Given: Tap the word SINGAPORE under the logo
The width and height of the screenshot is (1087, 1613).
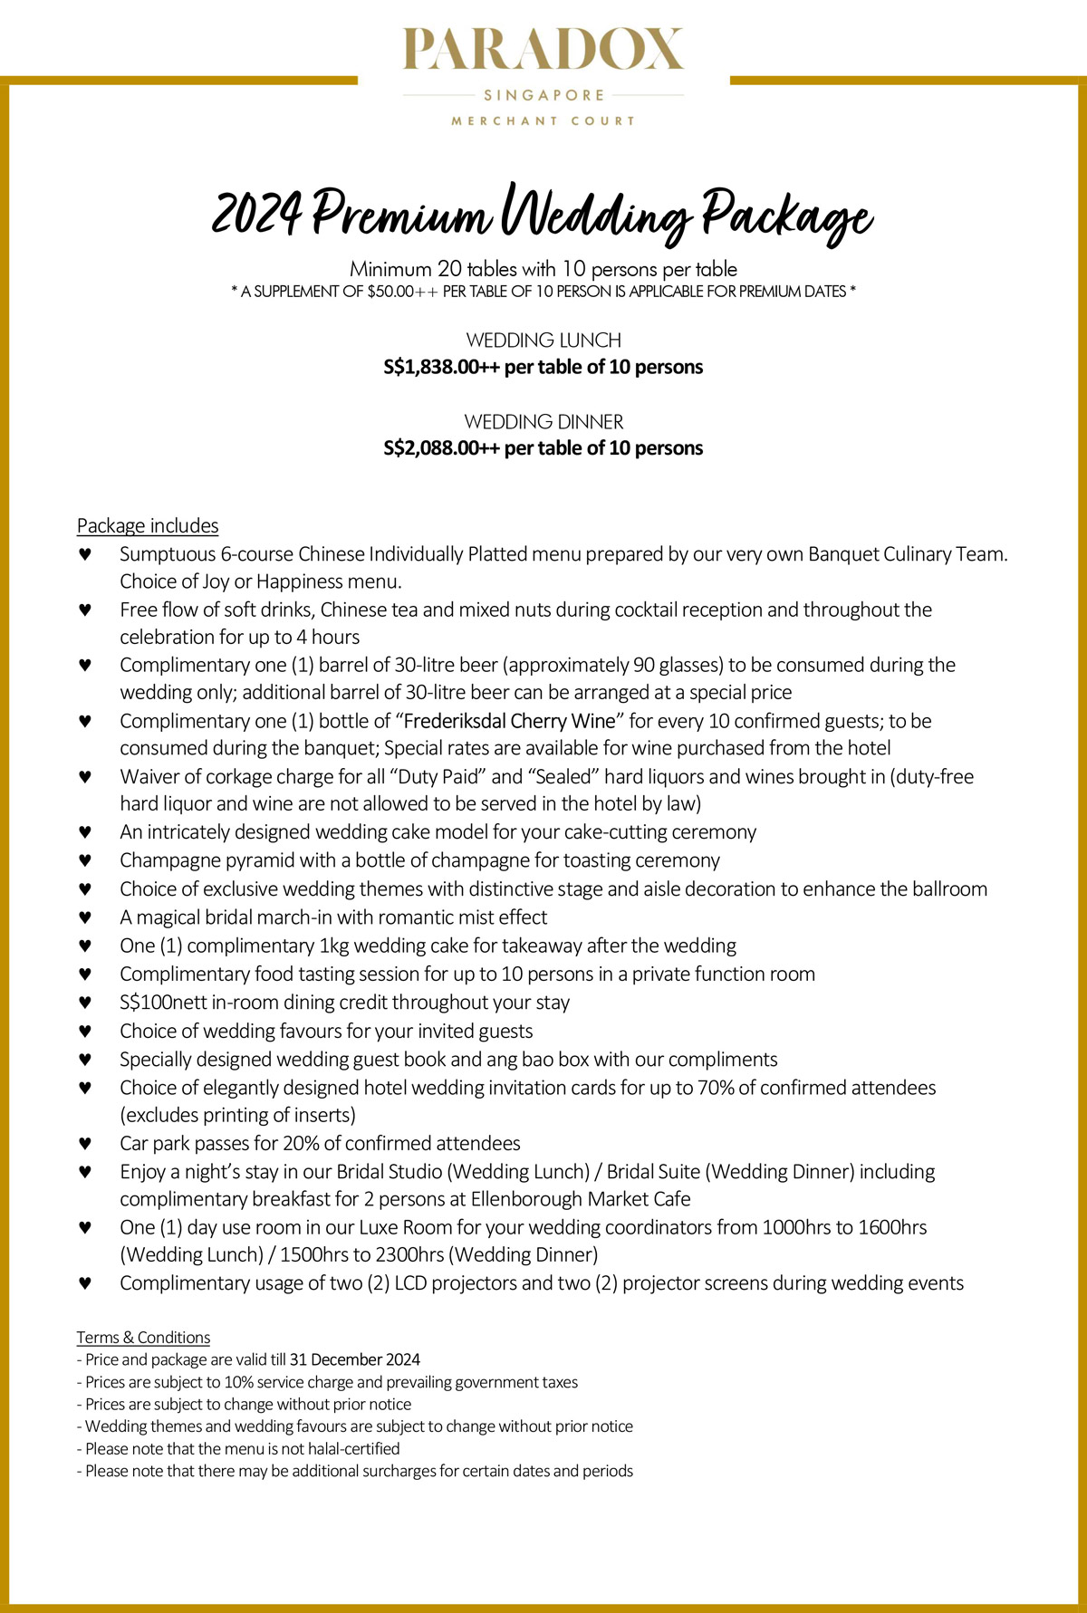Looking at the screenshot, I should pos(543,95).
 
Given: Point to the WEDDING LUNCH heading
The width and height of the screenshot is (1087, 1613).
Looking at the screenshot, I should pos(543,341).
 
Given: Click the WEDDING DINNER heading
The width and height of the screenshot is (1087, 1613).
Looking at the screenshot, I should pos(543,421).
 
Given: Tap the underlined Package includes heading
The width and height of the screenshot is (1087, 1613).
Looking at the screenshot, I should pos(148,525).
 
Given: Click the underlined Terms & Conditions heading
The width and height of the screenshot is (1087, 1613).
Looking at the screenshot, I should pos(143,1337).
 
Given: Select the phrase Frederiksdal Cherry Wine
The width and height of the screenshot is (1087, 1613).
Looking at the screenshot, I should pos(509,721).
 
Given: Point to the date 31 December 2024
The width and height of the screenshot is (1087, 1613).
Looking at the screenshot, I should pos(355,1359).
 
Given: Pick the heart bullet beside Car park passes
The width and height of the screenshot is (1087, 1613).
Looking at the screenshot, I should pos(85,1143).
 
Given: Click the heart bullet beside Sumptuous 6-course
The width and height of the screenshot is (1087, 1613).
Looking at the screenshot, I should pos(85,554).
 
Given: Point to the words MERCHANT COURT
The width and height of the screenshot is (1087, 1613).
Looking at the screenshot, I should pos(543,120).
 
